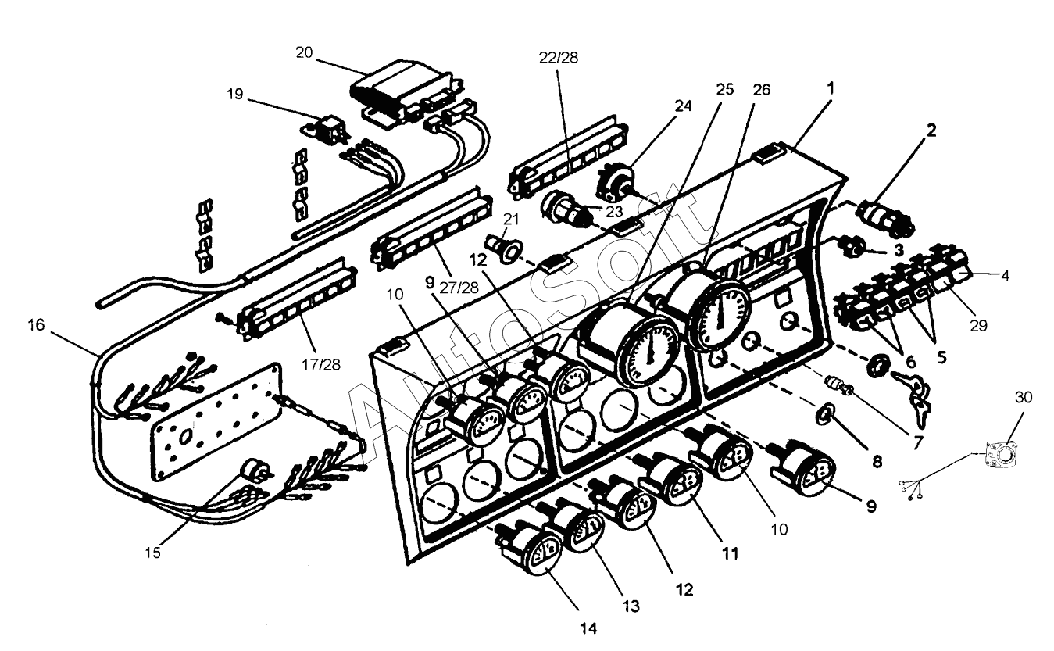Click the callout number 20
click(304, 52)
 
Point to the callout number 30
click(1024, 397)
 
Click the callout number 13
click(631, 606)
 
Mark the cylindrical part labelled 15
click(253, 470)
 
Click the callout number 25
click(725, 89)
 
